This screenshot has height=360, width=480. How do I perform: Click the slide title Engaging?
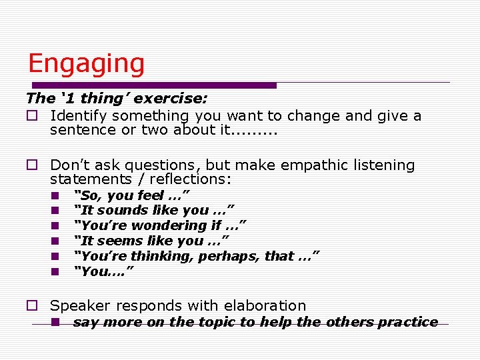(86, 64)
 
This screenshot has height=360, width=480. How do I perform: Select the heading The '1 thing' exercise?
(117, 99)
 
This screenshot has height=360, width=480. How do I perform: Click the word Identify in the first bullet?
(78, 116)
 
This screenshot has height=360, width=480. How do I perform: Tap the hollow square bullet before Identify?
(31, 116)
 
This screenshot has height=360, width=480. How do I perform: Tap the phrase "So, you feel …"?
(132, 195)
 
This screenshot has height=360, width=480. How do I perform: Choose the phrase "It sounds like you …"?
(153, 211)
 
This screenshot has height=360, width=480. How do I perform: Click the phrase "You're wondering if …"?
(160, 225)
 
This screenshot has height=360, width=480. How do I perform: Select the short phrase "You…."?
(103, 271)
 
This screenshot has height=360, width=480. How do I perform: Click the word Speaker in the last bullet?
(79, 306)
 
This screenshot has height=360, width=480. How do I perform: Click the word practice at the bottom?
(407, 322)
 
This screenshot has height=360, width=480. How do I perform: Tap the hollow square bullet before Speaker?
(31, 306)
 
